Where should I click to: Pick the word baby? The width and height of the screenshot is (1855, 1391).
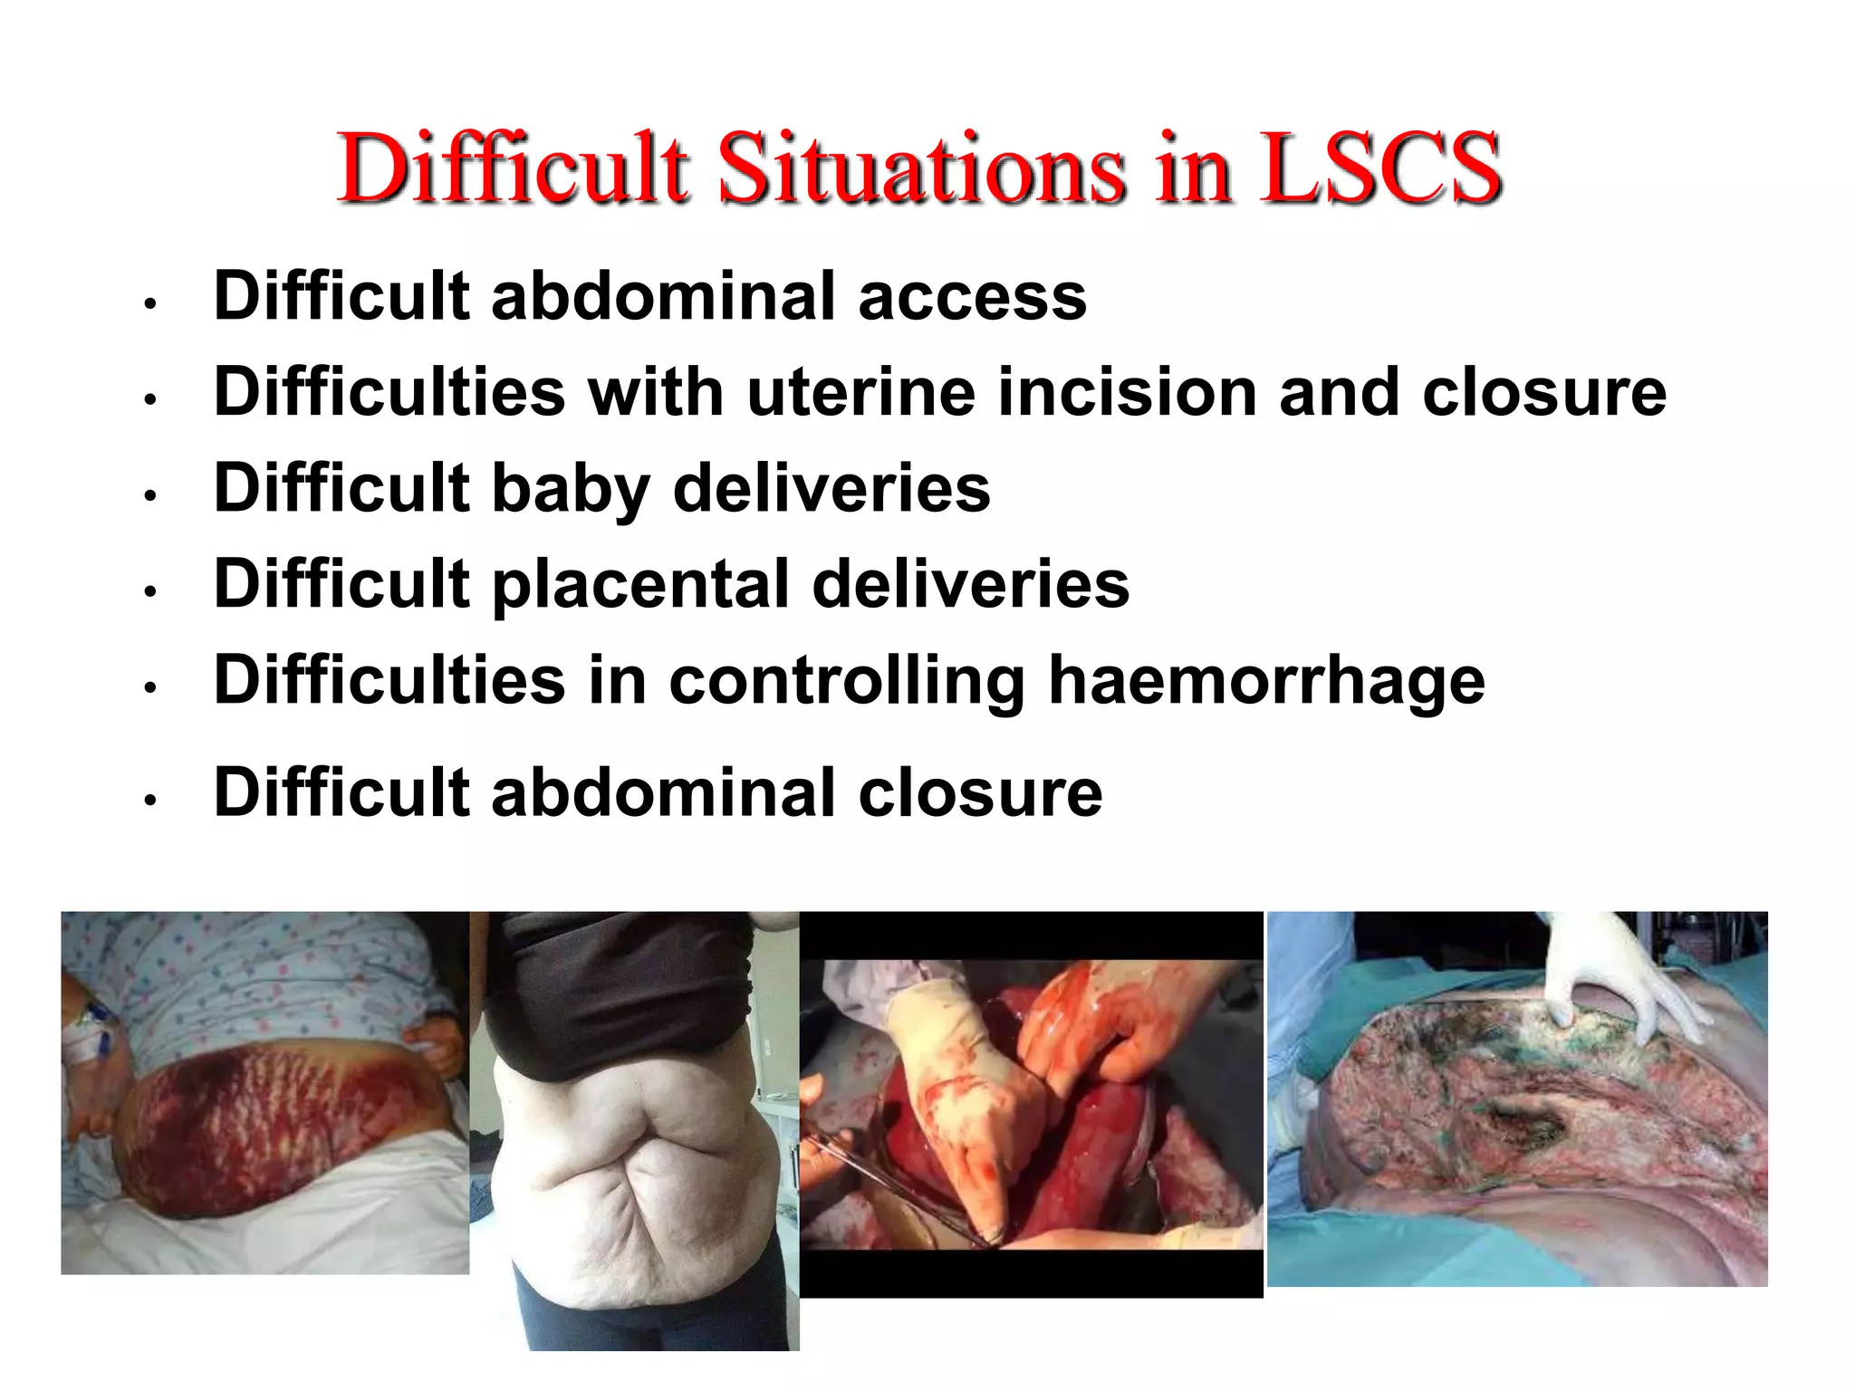coord(571,489)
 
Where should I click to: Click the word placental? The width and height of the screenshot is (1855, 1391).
coord(640,586)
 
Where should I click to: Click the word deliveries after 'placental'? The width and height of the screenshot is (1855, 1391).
coord(971,584)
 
